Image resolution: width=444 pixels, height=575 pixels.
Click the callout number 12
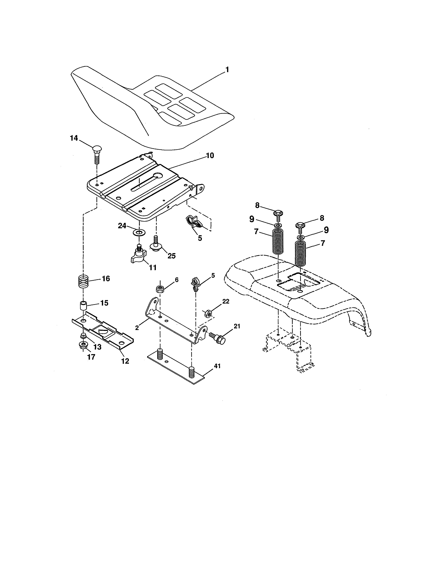[x=125, y=361]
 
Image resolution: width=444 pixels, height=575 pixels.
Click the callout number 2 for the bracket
[x=137, y=328]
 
